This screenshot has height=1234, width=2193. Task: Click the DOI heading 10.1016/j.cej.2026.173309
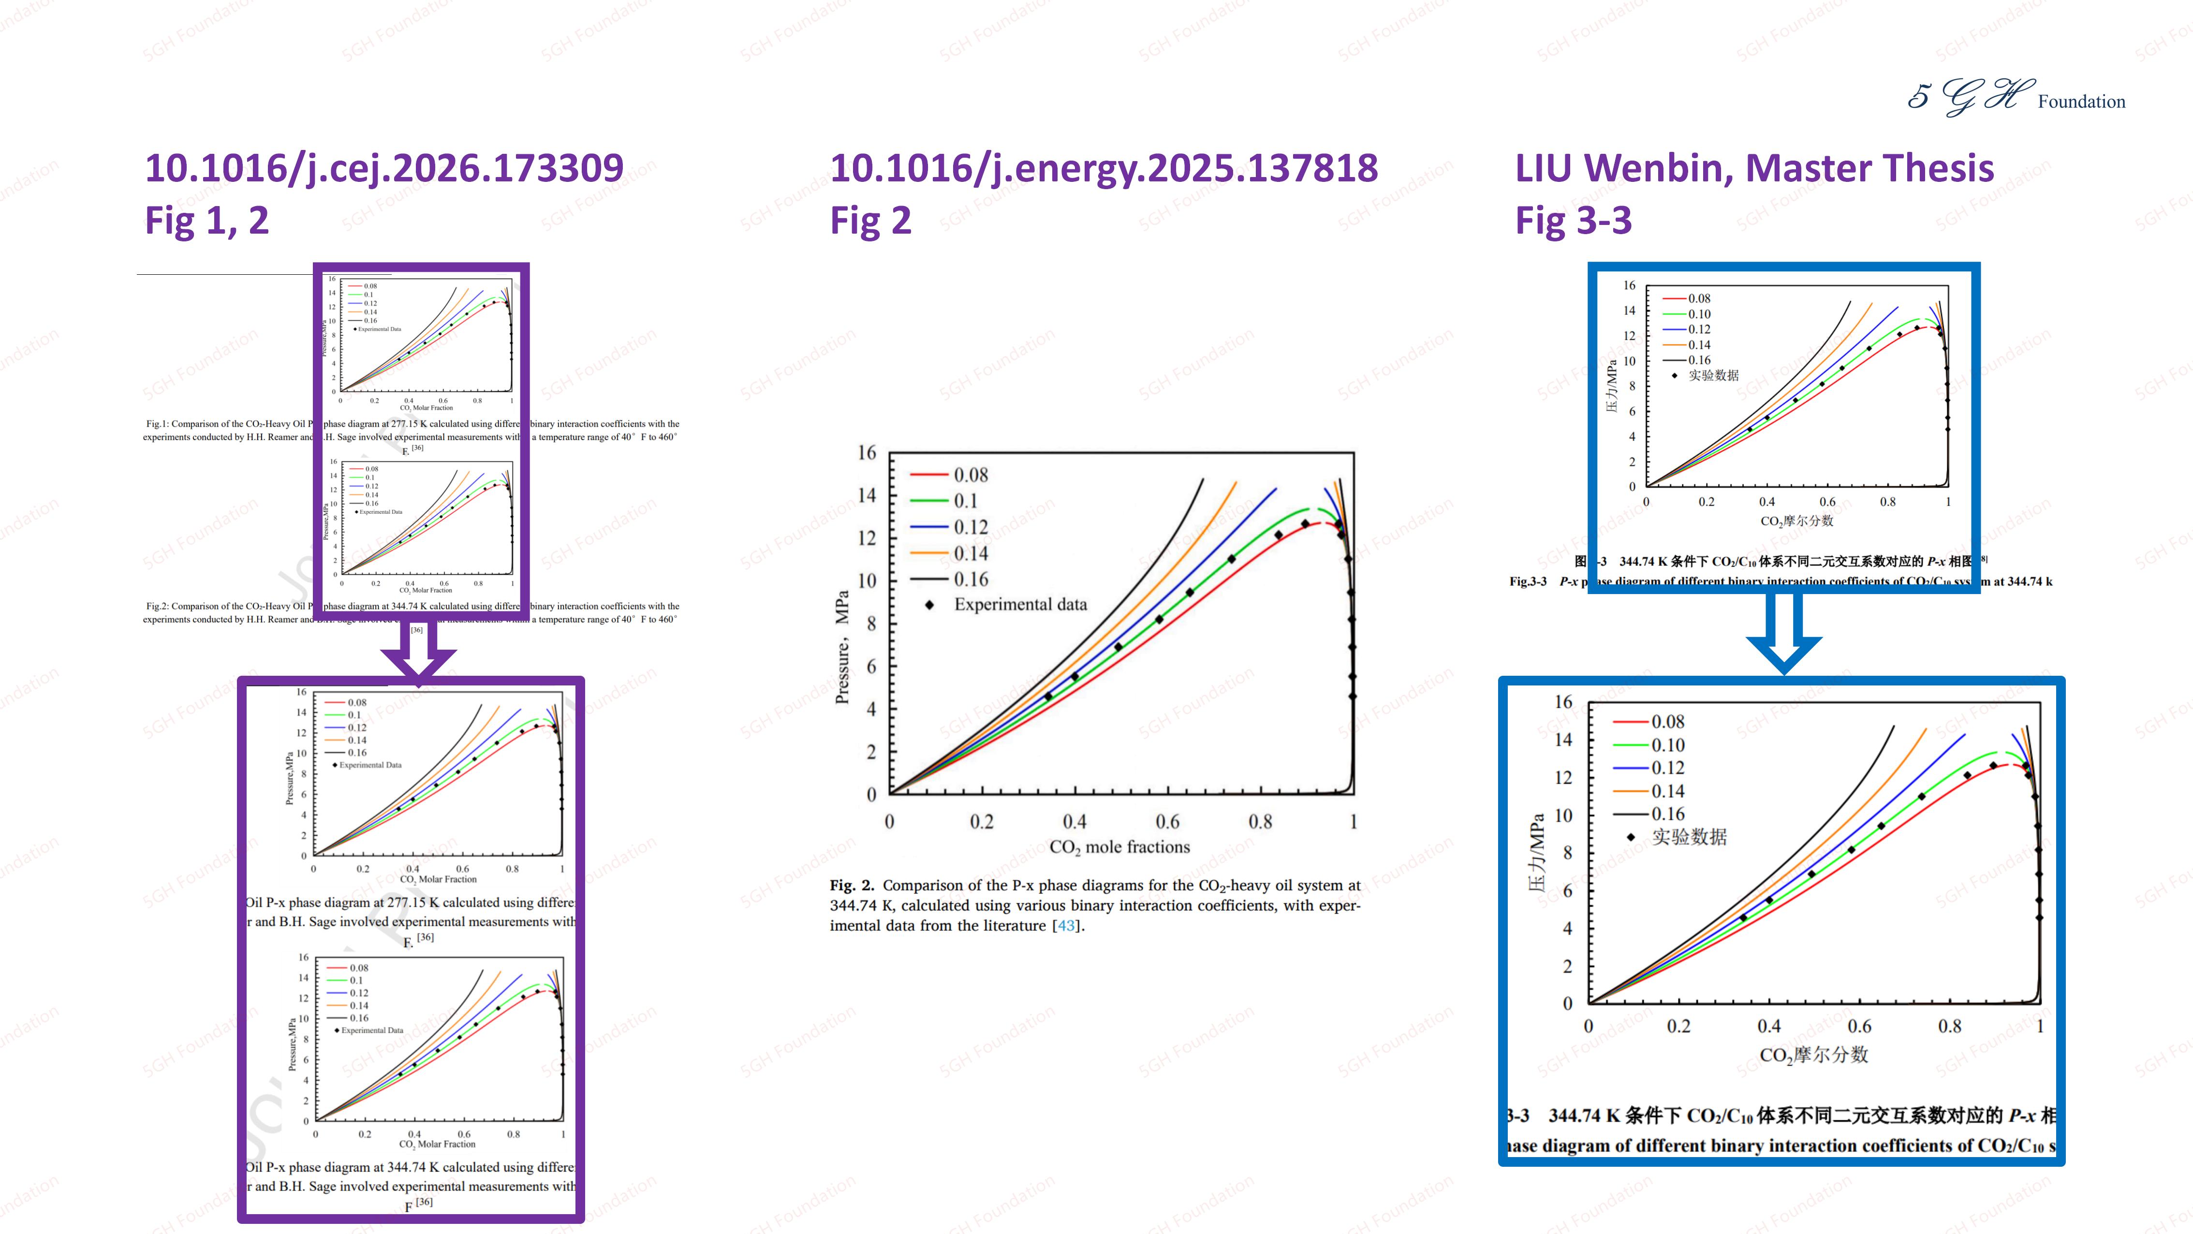point(384,168)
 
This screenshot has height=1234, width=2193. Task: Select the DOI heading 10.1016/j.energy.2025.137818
point(1104,168)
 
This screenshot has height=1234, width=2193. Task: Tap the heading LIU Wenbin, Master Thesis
point(1754,168)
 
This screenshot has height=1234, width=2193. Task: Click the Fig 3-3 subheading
point(1573,220)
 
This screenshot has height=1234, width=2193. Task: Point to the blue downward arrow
point(1783,635)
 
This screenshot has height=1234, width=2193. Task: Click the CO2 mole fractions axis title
point(1119,847)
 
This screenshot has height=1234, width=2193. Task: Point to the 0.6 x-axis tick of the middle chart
point(1167,822)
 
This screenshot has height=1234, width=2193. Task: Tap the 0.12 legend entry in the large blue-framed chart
point(1667,768)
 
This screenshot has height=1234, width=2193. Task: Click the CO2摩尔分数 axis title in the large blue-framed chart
point(1813,1055)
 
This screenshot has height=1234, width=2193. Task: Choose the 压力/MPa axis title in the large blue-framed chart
point(1537,852)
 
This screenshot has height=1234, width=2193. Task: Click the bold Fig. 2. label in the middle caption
point(852,886)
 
